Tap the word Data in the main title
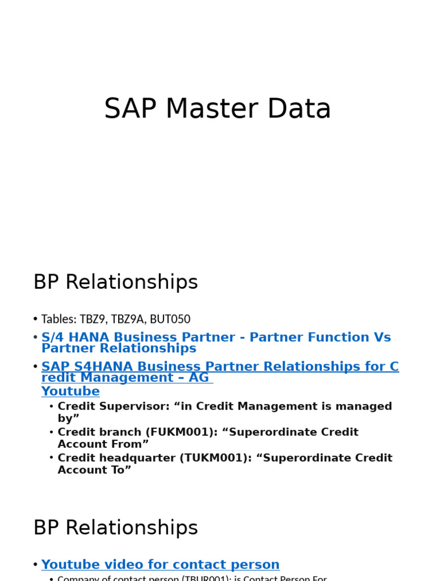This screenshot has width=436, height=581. click(299, 109)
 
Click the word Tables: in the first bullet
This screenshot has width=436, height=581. click(59, 319)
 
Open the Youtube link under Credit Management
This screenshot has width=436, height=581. click(70, 391)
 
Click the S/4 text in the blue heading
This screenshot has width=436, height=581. click(52, 338)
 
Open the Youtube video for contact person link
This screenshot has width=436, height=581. click(160, 565)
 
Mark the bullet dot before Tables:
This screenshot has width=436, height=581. click(35, 319)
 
